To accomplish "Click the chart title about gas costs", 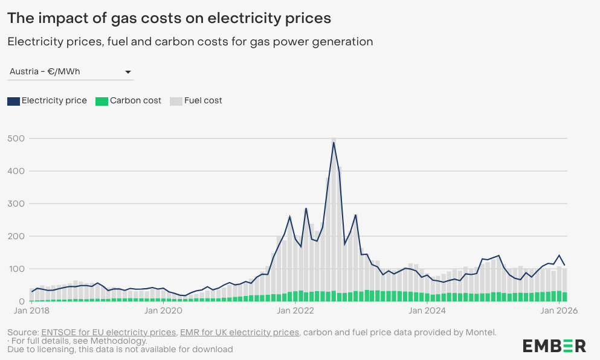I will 169,18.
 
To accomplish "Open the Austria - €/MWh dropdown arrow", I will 128,72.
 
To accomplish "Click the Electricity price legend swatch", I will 13,101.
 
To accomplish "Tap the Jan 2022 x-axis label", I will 293,312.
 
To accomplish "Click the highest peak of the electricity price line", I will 334,142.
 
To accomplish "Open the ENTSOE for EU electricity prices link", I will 109,332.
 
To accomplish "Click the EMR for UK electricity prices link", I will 239,332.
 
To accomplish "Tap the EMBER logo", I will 554,346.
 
